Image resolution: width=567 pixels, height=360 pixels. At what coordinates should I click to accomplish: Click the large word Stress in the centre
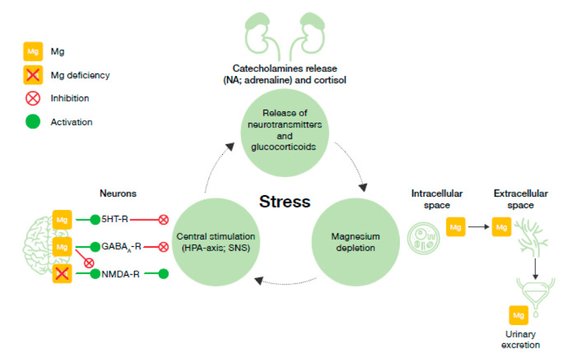[285, 202]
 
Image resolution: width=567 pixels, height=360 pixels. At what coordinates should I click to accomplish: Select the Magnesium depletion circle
[355, 242]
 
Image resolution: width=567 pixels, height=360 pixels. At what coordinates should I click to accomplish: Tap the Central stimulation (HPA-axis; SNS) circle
[216, 242]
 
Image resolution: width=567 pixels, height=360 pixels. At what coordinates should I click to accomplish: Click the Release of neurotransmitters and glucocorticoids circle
[285, 133]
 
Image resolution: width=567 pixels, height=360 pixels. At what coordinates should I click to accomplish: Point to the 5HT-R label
[115, 219]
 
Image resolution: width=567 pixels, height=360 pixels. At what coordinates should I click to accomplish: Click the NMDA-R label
[120, 274]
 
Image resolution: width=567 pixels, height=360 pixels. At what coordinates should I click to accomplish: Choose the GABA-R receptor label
[121, 247]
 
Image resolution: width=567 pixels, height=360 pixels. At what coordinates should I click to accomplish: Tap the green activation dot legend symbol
[33, 121]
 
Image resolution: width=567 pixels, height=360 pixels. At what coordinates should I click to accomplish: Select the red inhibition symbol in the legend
[33, 99]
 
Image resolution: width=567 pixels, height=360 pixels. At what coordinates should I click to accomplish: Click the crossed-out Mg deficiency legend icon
[33, 75]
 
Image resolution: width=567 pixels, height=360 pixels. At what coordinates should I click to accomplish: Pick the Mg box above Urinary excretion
[518, 315]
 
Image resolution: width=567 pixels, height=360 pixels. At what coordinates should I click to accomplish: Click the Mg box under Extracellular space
[502, 227]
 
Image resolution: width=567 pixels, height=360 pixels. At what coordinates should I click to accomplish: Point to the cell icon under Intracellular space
[424, 238]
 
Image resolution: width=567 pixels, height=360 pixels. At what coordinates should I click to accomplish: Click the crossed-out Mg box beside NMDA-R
[62, 274]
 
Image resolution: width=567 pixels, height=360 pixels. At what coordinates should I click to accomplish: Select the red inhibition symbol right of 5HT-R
[163, 220]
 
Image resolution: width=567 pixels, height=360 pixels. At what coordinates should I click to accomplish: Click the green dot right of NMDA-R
[163, 274]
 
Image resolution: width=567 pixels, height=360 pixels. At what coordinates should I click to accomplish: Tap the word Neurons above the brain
[118, 193]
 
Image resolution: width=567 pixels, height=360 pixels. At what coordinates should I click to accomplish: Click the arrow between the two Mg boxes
[479, 227]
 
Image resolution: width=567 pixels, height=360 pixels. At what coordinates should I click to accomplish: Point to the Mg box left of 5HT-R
[62, 220]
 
